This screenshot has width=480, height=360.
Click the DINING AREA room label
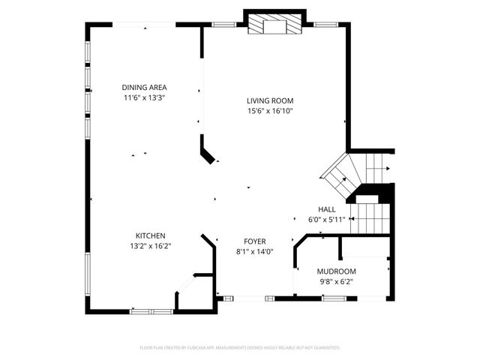point(144,87)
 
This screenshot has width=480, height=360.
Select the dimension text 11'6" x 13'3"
point(144,97)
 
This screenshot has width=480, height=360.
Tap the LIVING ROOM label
point(270,100)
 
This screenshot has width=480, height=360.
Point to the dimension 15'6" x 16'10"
point(270,111)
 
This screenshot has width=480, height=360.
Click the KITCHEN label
point(150,235)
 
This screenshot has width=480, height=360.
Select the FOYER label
point(254,241)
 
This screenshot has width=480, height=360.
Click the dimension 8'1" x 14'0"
point(254,252)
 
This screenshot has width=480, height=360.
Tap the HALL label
point(327,209)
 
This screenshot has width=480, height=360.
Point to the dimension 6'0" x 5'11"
point(327,220)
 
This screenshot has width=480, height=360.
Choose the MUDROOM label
point(335,271)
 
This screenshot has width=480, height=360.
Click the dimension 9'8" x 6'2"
point(335,281)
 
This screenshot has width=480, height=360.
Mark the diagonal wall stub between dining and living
point(207,150)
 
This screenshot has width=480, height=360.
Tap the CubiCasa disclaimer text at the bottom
point(240,348)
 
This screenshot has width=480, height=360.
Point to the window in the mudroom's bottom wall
point(334,298)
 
